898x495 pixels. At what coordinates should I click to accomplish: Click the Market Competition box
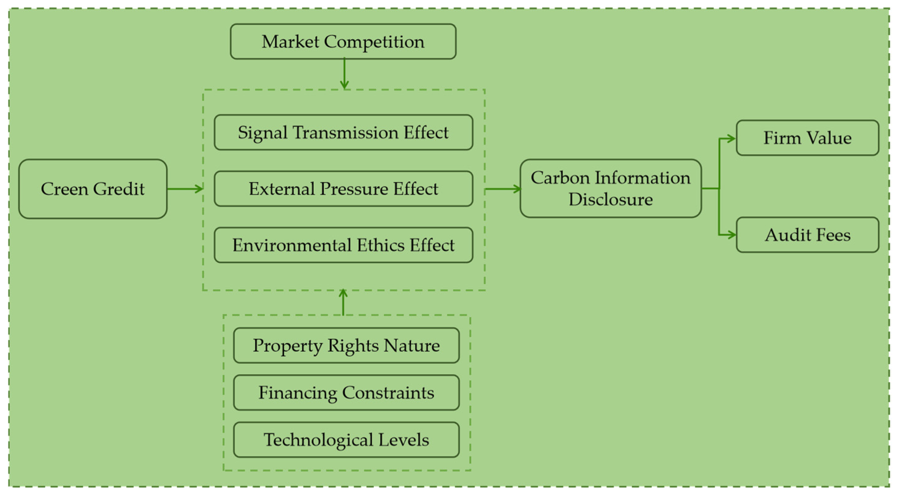coord(343,41)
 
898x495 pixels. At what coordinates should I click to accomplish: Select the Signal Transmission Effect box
coord(343,132)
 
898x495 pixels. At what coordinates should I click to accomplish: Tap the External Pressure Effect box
coord(343,189)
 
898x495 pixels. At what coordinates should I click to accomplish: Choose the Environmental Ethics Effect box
coord(343,245)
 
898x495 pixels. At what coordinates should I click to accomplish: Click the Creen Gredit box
coord(93,189)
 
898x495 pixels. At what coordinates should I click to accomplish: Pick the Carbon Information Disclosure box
coord(611,189)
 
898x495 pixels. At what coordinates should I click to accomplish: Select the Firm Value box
coord(807,138)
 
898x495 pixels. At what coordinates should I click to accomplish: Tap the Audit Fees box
coord(807,235)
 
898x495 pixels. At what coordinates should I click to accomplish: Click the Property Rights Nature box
coord(346,346)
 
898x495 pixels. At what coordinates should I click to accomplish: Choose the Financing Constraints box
coord(346,393)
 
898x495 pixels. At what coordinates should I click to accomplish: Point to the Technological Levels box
coord(346,440)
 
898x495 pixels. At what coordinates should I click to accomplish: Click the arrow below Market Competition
coord(344,74)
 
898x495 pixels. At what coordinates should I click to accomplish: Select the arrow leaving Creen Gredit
coord(185,189)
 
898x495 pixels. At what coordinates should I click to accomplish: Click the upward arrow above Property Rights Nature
coord(343,302)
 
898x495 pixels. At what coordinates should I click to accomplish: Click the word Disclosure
coord(611,200)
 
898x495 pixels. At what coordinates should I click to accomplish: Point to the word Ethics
coord(382,245)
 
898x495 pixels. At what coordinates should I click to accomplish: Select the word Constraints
coord(388,393)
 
